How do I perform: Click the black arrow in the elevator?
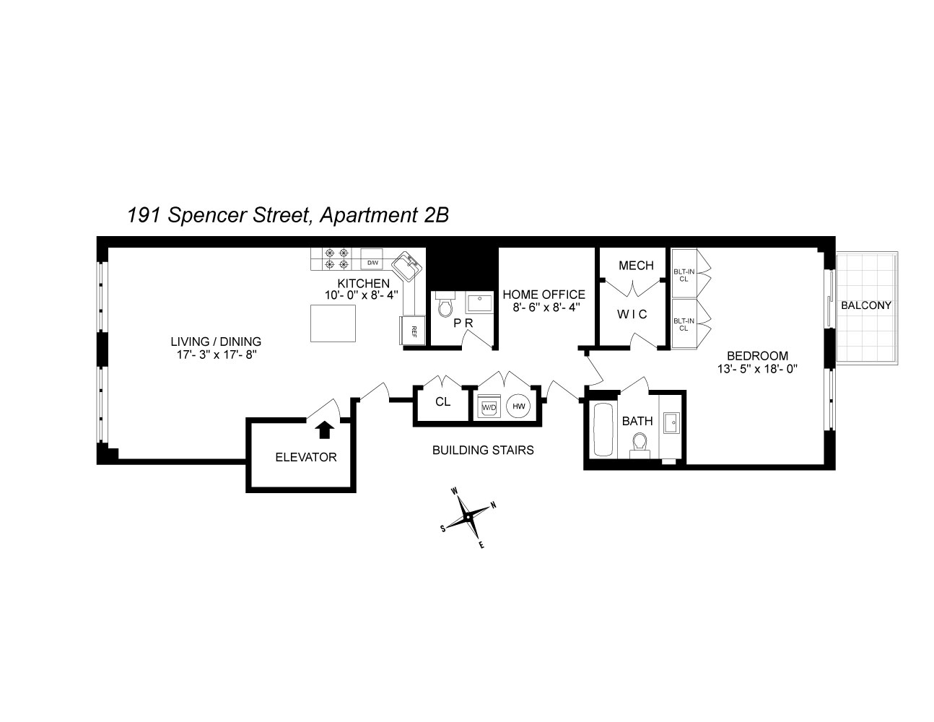(x=325, y=430)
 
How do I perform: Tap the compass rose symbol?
(x=468, y=517)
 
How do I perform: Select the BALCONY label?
(x=866, y=305)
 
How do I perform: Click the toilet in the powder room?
(x=444, y=307)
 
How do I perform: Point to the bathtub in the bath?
(x=603, y=430)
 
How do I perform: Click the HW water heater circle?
(x=518, y=406)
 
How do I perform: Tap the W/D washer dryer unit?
(x=489, y=407)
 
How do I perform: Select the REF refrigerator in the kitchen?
(x=413, y=331)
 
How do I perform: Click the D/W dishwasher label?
(x=372, y=263)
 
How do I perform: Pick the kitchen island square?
(x=333, y=323)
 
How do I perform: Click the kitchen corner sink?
(x=408, y=267)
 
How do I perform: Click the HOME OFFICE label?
(x=544, y=295)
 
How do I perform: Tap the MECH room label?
(x=636, y=266)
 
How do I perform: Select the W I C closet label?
(x=632, y=315)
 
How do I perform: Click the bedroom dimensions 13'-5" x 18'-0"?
(x=757, y=369)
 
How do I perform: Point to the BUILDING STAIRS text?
(x=483, y=451)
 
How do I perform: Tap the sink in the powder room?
(x=478, y=303)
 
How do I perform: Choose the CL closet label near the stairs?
(x=442, y=402)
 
